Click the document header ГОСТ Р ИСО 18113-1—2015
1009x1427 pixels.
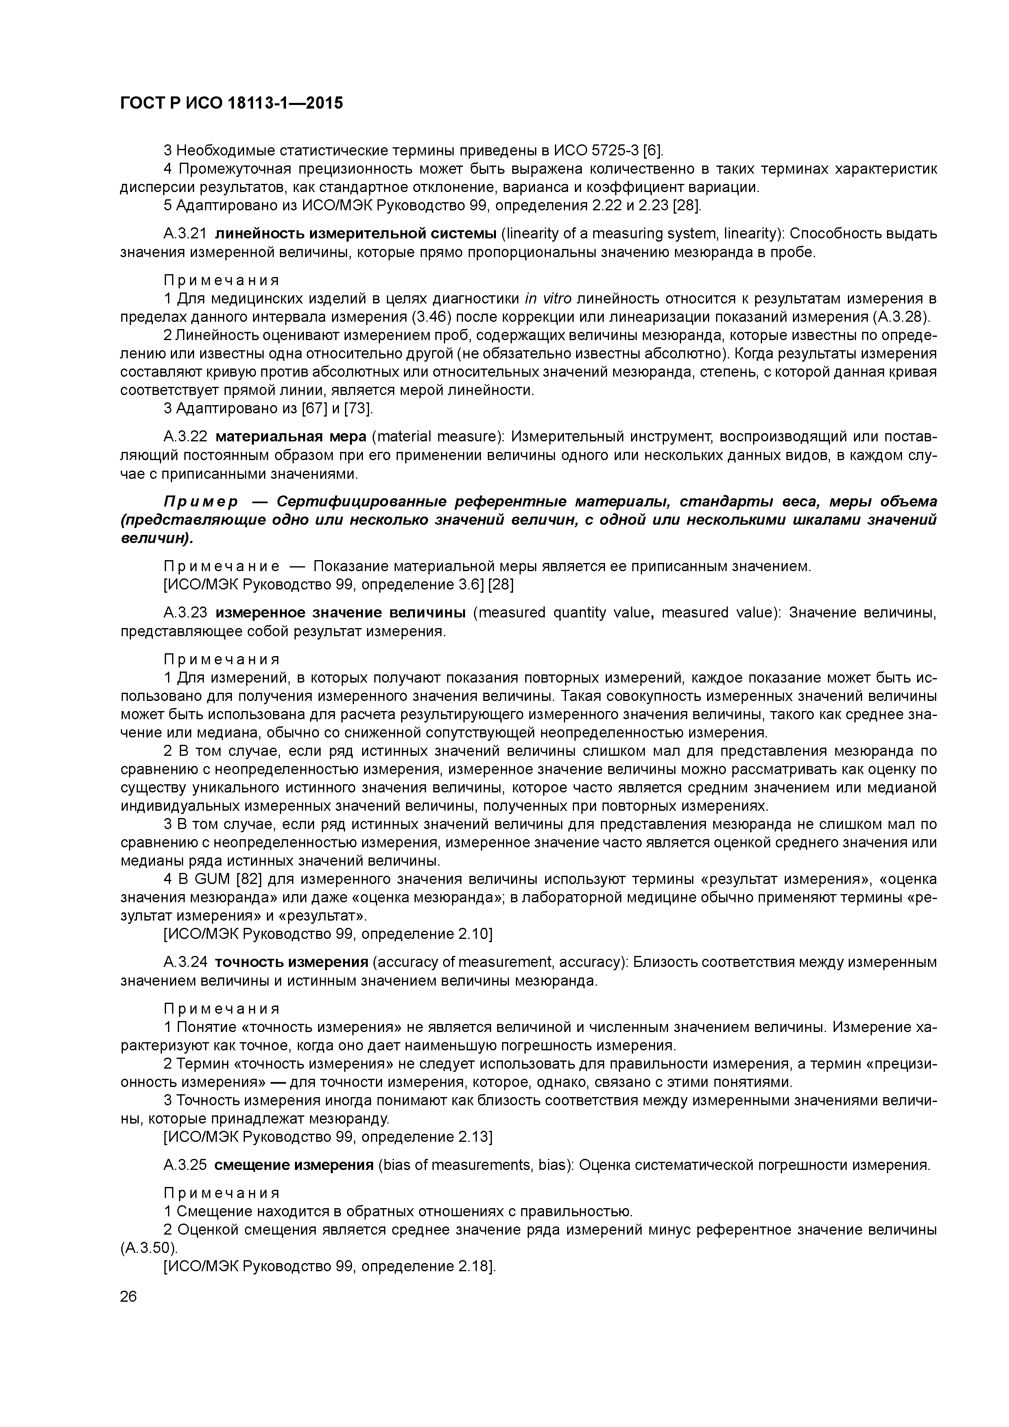tap(231, 103)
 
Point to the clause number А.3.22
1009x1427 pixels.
tap(185, 437)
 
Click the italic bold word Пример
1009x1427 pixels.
tap(201, 502)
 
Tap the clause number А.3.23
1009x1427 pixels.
tap(185, 613)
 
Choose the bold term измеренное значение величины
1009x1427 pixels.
tap(341, 613)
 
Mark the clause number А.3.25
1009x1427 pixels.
tap(185, 1165)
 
